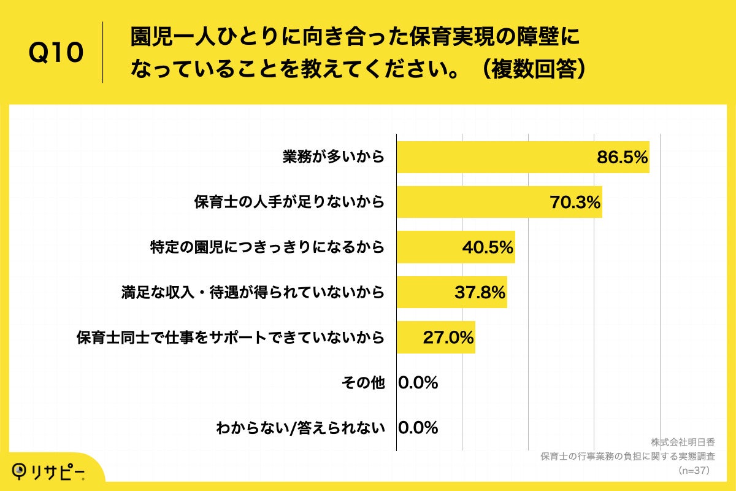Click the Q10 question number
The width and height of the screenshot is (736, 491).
[x=56, y=53]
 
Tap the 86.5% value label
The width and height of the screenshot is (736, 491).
[x=622, y=158]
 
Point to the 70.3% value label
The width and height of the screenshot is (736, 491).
[x=574, y=202]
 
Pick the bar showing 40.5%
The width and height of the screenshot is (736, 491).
[x=429, y=247]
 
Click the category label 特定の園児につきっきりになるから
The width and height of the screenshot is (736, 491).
[x=267, y=247]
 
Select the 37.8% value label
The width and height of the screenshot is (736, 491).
[x=480, y=292]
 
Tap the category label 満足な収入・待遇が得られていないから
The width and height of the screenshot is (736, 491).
[x=253, y=292]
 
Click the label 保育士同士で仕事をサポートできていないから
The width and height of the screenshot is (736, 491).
[x=231, y=337]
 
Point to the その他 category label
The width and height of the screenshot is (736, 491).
[x=362, y=382]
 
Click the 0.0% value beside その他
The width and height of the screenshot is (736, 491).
[x=418, y=382]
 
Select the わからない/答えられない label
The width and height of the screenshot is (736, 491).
[x=301, y=428]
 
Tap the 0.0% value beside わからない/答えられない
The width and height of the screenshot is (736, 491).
[x=418, y=428]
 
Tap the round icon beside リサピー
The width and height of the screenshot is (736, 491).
[x=20, y=470]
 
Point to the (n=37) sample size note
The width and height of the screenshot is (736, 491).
[x=694, y=471]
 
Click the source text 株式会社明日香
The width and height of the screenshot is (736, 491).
[x=683, y=443]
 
